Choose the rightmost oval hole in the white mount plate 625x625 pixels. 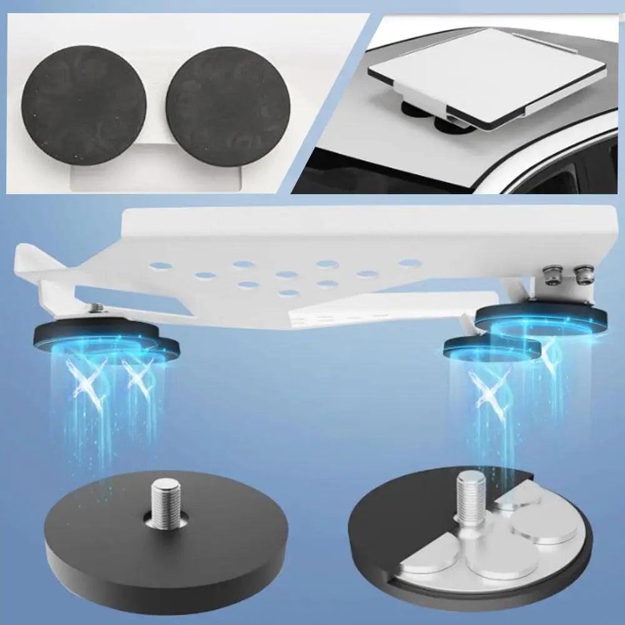pos(409,263)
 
